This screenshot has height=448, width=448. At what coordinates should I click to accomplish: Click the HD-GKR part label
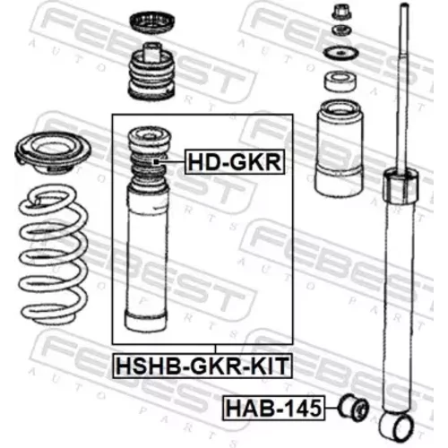[235, 161]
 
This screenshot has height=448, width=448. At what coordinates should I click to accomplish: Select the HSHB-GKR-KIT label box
[202, 366]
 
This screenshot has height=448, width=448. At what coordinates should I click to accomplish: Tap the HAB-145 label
[273, 408]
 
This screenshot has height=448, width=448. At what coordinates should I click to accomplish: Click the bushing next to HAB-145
[354, 408]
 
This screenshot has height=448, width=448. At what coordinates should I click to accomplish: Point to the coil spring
[53, 254]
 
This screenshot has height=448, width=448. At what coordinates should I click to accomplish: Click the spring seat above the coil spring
[53, 152]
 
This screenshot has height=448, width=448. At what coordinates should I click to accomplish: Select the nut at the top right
[341, 12]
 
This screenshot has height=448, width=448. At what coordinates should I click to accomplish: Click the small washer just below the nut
[341, 31]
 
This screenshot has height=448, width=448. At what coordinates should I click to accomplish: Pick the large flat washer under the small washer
[340, 54]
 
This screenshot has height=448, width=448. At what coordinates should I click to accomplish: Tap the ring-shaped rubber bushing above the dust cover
[340, 81]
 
